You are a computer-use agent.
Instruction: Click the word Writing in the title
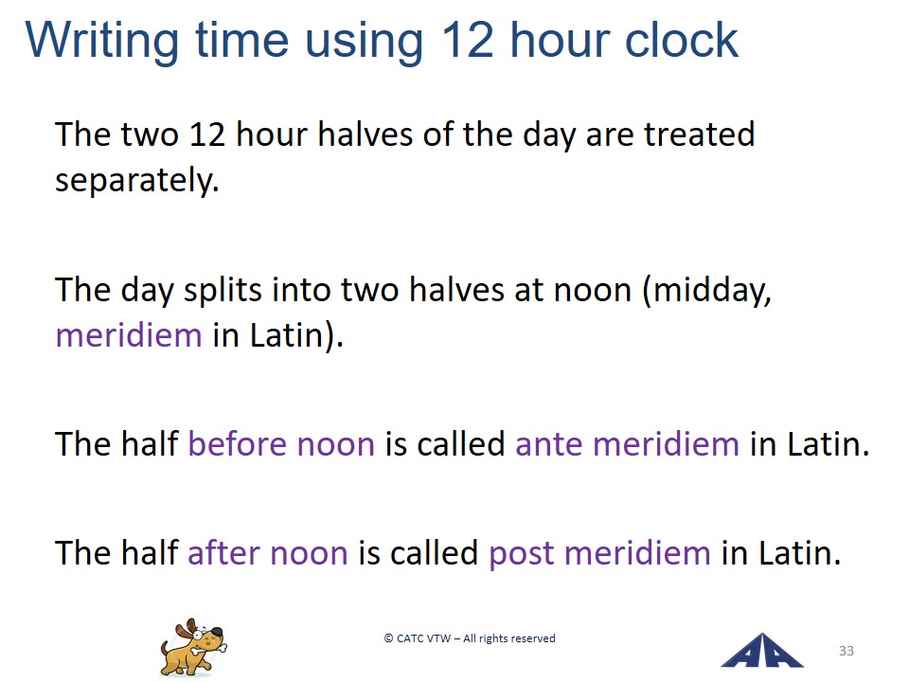102,41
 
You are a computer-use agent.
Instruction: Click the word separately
137,181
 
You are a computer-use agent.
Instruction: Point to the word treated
700,134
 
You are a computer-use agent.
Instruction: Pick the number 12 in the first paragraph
207,135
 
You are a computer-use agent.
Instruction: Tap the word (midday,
707,291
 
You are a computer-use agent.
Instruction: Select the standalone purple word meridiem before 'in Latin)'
129,335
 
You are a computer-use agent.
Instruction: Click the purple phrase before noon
281,444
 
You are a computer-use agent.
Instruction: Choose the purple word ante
549,445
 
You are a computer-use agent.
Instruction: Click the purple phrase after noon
268,552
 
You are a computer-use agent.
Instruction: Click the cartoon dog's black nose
217,632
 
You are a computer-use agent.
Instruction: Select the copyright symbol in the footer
388,638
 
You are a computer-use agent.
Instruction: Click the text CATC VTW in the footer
424,638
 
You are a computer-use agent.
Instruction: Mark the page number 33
847,651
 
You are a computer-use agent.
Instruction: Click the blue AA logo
761,651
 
